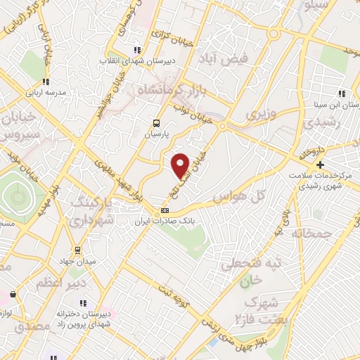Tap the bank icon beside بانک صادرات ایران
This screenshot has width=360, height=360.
tap(165, 210)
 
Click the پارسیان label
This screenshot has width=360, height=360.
tap(157, 132)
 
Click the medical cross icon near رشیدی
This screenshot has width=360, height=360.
tap(320, 164)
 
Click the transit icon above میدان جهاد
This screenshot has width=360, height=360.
tap(77, 250)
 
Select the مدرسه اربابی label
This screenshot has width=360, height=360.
tap(46, 92)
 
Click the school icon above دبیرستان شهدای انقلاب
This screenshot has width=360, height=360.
tap(138, 49)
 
